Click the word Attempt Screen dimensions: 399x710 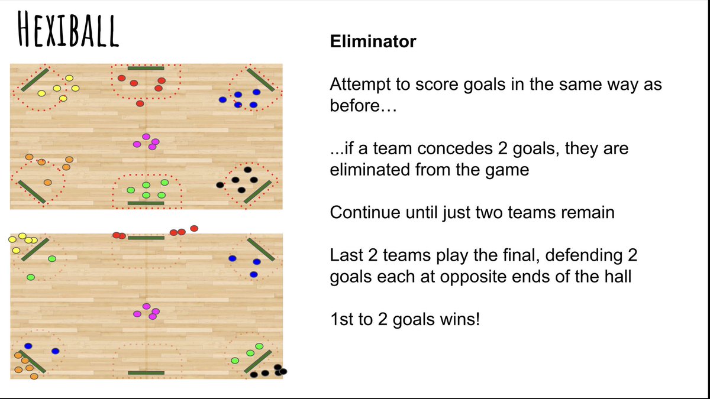360,85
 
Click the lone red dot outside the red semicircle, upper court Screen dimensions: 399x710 140,103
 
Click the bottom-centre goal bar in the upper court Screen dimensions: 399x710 146,203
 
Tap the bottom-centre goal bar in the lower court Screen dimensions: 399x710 146,373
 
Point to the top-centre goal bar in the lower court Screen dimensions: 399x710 146,238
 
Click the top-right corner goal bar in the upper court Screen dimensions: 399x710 260,80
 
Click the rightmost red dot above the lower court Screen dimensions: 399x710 193,228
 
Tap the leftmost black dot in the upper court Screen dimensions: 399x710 220,185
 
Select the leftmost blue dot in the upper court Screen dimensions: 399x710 222,100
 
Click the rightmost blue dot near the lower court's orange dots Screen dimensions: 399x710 55,351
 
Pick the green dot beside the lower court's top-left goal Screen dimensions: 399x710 51,258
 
